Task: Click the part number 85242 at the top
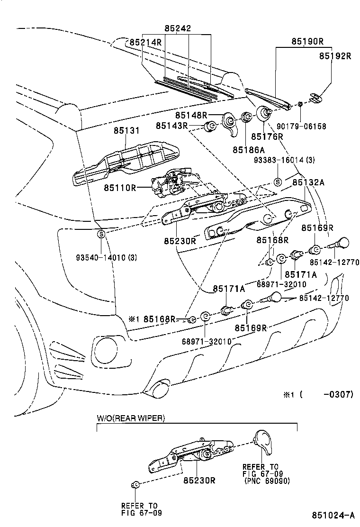point(178,28)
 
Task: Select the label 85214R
point(145,42)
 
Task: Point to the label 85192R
point(334,55)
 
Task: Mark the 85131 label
point(126,130)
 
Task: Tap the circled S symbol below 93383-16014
point(278,182)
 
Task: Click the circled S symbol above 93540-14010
point(101,234)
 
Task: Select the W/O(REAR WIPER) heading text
point(131,418)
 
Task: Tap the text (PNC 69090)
point(267,481)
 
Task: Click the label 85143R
point(172,126)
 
